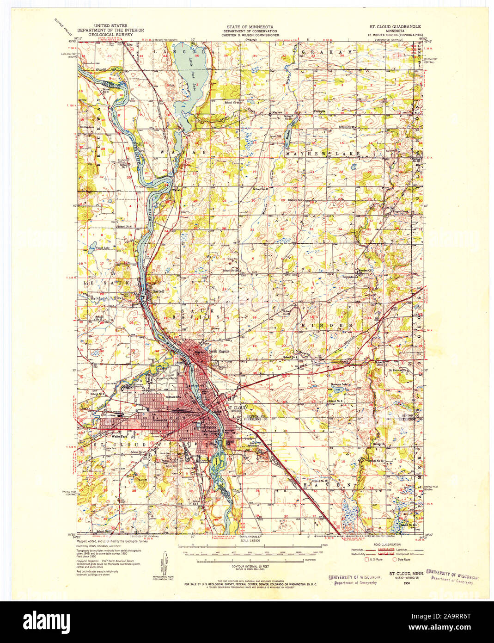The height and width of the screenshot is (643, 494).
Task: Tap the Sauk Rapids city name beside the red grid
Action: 219,351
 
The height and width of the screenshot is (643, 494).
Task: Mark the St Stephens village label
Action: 86,126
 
